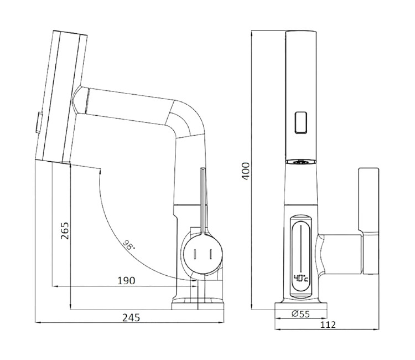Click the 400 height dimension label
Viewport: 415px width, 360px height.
pos(246,171)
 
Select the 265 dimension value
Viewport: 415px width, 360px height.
pos(65,231)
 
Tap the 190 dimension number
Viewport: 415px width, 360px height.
pos(126,281)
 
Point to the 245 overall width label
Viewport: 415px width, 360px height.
pos(131,317)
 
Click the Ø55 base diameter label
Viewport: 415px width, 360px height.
pos(300,314)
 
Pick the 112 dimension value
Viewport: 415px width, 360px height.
pos(328,325)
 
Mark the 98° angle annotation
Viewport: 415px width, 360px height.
pos(129,245)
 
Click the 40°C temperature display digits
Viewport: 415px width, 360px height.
pos(301,279)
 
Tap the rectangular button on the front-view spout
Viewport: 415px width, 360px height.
pos(300,122)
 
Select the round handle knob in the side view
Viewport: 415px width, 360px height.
pos(203,254)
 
